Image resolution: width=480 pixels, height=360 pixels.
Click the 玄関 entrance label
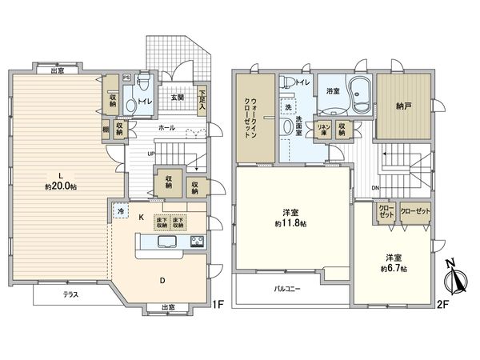(x=177, y=98)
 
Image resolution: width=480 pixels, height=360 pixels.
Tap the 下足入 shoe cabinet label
(x=202, y=98)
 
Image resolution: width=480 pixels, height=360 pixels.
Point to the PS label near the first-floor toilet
(x=127, y=77)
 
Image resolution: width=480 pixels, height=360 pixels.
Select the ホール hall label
(x=166, y=126)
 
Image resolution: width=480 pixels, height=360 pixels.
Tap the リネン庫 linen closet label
(x=324, y=128)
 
